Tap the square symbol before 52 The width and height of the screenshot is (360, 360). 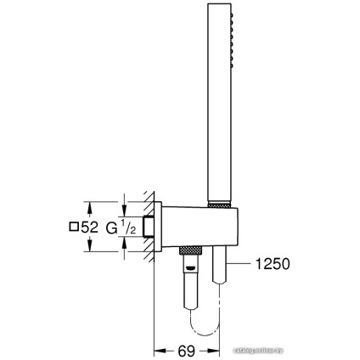(48, 228)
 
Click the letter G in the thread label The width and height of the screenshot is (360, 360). (89, 228)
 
